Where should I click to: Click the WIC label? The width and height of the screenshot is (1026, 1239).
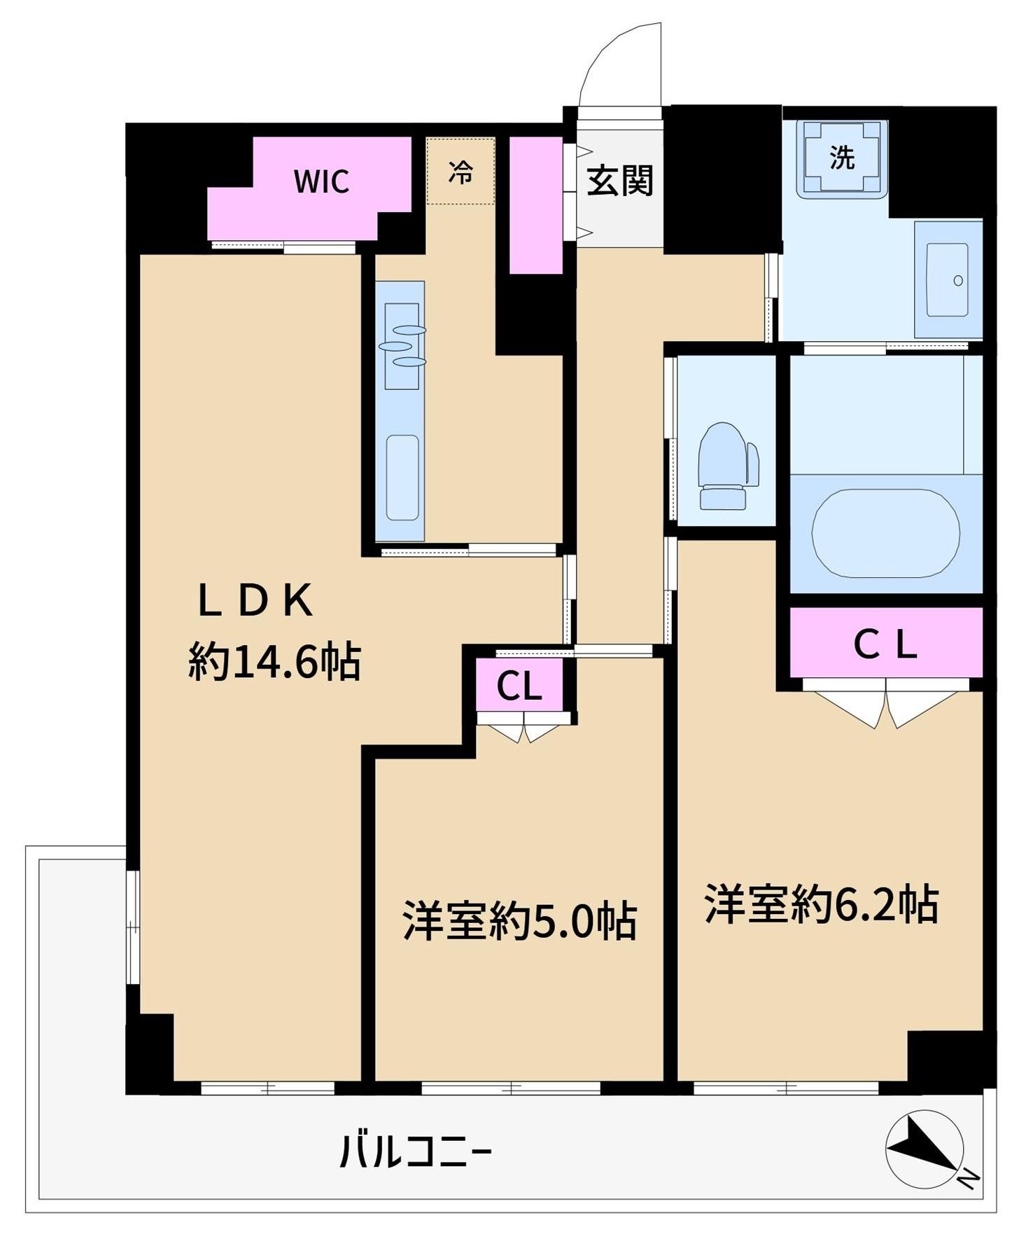[321, 182]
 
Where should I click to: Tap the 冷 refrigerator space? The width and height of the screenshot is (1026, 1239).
[461, 172]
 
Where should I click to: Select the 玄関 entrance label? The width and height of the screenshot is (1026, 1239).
[620, 181]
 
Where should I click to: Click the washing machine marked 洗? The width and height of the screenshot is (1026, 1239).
[843, 158]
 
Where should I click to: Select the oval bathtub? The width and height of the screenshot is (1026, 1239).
[885, 533]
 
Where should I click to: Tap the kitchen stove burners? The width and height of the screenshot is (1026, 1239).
[402, 345]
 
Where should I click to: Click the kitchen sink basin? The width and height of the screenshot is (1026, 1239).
[402, 477]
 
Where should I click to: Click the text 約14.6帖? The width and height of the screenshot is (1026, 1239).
[274, 661]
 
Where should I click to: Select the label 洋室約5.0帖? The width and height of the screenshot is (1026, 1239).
[519, 921]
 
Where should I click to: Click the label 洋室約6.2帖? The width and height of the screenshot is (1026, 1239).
[822, 904]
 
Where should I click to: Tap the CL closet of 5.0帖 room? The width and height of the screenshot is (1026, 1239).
[519, 686]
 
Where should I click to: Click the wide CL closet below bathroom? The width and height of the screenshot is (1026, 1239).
[885, 644]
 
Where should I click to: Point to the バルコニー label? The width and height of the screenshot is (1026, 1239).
[416, 1151]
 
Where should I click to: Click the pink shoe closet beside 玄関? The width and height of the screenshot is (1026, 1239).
[535, 205]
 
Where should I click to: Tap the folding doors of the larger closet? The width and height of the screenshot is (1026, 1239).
[886, 705]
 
